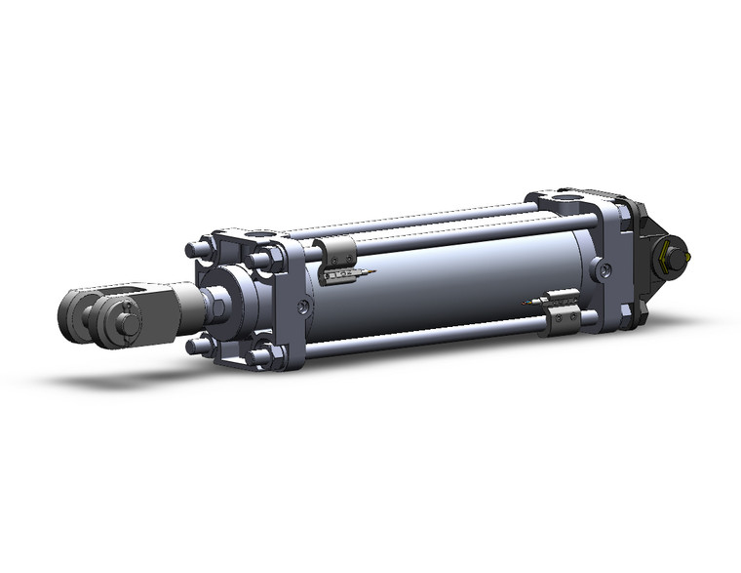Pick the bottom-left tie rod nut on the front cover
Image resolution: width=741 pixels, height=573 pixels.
[200, 346]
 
